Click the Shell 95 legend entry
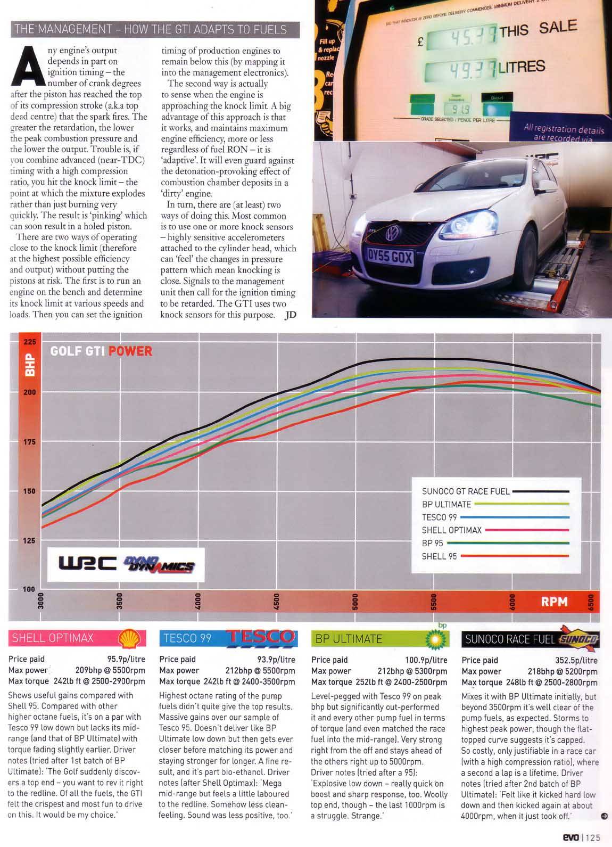click(439, 556)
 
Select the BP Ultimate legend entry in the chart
click(446, 504)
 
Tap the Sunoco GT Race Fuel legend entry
click(466, 491)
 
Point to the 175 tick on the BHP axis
click(29, 442)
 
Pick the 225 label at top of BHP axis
click(29, 342)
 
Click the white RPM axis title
click(554, 602)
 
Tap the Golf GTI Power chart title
click(101, 351)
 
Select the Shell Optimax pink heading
click(53, 638)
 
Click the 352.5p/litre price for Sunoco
click(576, 660)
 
